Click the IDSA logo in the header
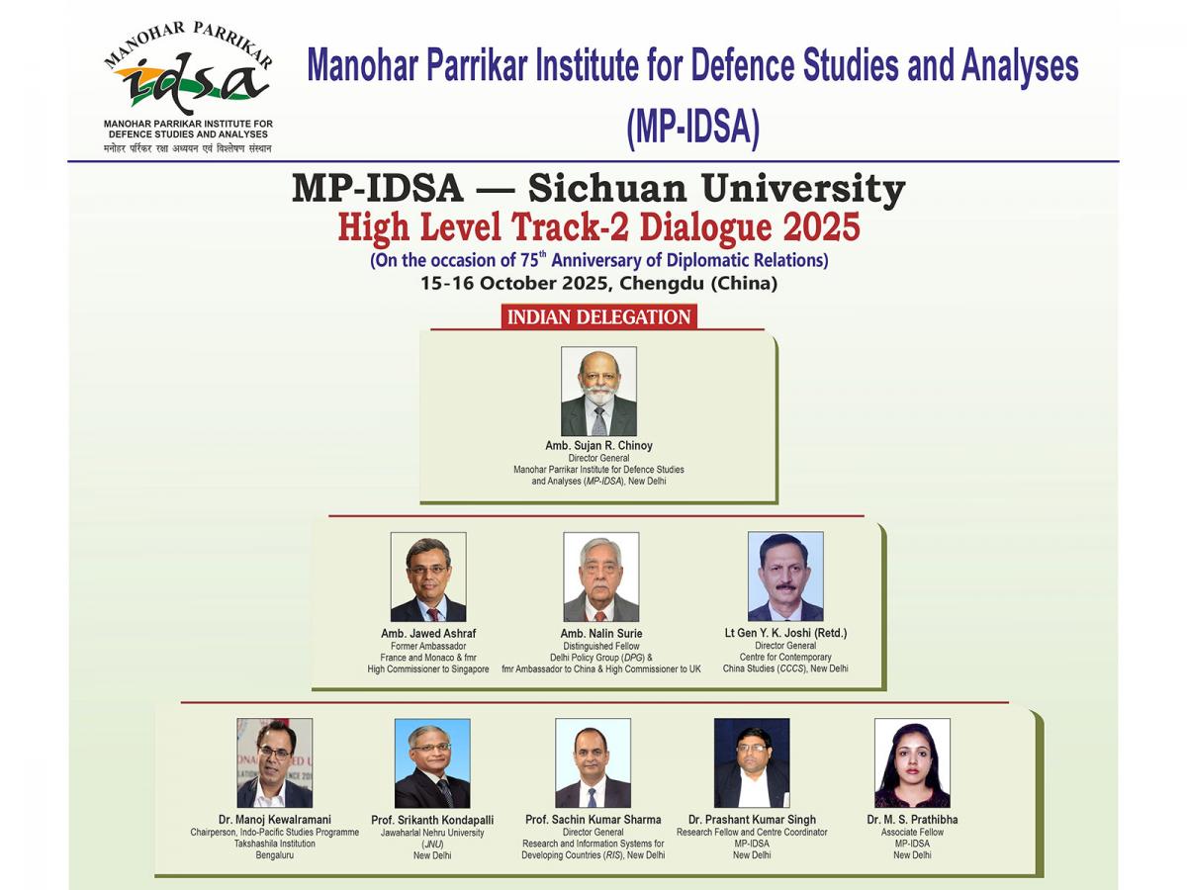click(188, 86)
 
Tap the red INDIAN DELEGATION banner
click(598, 316)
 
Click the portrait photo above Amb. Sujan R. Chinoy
click(598, 392)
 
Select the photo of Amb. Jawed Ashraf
click(428, 577)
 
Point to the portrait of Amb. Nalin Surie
click(600, 577)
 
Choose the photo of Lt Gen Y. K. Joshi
click(785, 577)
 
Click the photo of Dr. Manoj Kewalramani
click(275, 763)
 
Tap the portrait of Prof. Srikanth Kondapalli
click(432, 763)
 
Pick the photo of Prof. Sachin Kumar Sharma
click(593, 763)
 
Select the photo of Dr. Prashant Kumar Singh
click(752, 763)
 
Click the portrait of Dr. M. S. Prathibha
click(912, 763)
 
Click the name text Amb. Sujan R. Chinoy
click(598, 446)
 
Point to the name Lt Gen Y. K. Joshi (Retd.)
click(785, 633)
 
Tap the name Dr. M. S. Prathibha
click(912, 819)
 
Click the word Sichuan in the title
click(607, 189)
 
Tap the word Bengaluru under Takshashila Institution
click(275, 855)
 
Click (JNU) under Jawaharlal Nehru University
click(432, 845)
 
